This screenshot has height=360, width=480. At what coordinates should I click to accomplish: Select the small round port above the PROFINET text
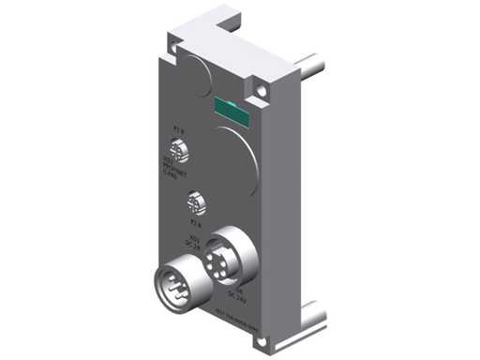[x=178, y=151]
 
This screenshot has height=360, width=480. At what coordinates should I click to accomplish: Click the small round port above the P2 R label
[x=195, y=202]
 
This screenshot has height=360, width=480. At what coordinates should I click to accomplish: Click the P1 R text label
[x=180, y=131]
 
